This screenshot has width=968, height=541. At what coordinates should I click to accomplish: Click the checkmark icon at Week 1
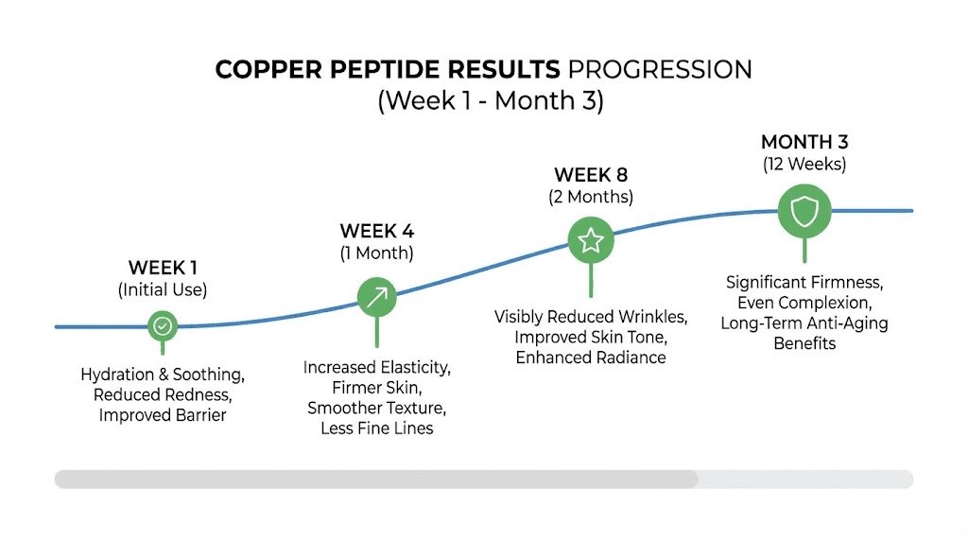tap(164, 326)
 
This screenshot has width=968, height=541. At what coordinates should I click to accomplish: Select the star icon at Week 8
tap(591, 240)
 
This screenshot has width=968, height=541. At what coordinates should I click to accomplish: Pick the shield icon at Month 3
tap(804, 211)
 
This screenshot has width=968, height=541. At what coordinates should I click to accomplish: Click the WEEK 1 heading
tap(163, 268)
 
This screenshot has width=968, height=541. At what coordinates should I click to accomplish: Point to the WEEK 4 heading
tap(376, 232)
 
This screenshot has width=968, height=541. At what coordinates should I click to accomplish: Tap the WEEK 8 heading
tap(591, 175)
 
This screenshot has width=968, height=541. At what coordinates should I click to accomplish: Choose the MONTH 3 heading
tap(804, 142)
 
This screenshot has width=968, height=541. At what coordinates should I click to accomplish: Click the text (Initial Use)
tap(163, 290)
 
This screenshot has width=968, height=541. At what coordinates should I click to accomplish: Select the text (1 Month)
tap(376, 253)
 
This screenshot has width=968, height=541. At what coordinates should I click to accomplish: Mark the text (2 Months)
tap(591, 197)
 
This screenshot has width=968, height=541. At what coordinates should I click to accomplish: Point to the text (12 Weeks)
tap(804, 164)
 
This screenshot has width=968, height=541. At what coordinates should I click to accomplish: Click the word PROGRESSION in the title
tap(659, 70)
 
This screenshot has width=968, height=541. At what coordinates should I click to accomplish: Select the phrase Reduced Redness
tap(163, 395)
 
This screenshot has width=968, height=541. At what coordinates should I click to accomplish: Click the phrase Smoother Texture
tap(376, 408)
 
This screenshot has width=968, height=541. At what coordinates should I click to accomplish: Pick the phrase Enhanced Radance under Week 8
tap(591, 358)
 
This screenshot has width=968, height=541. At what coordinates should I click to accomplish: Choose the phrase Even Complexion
tap(804, 303)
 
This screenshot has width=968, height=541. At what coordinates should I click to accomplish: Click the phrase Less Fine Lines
tap(376, 428)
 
